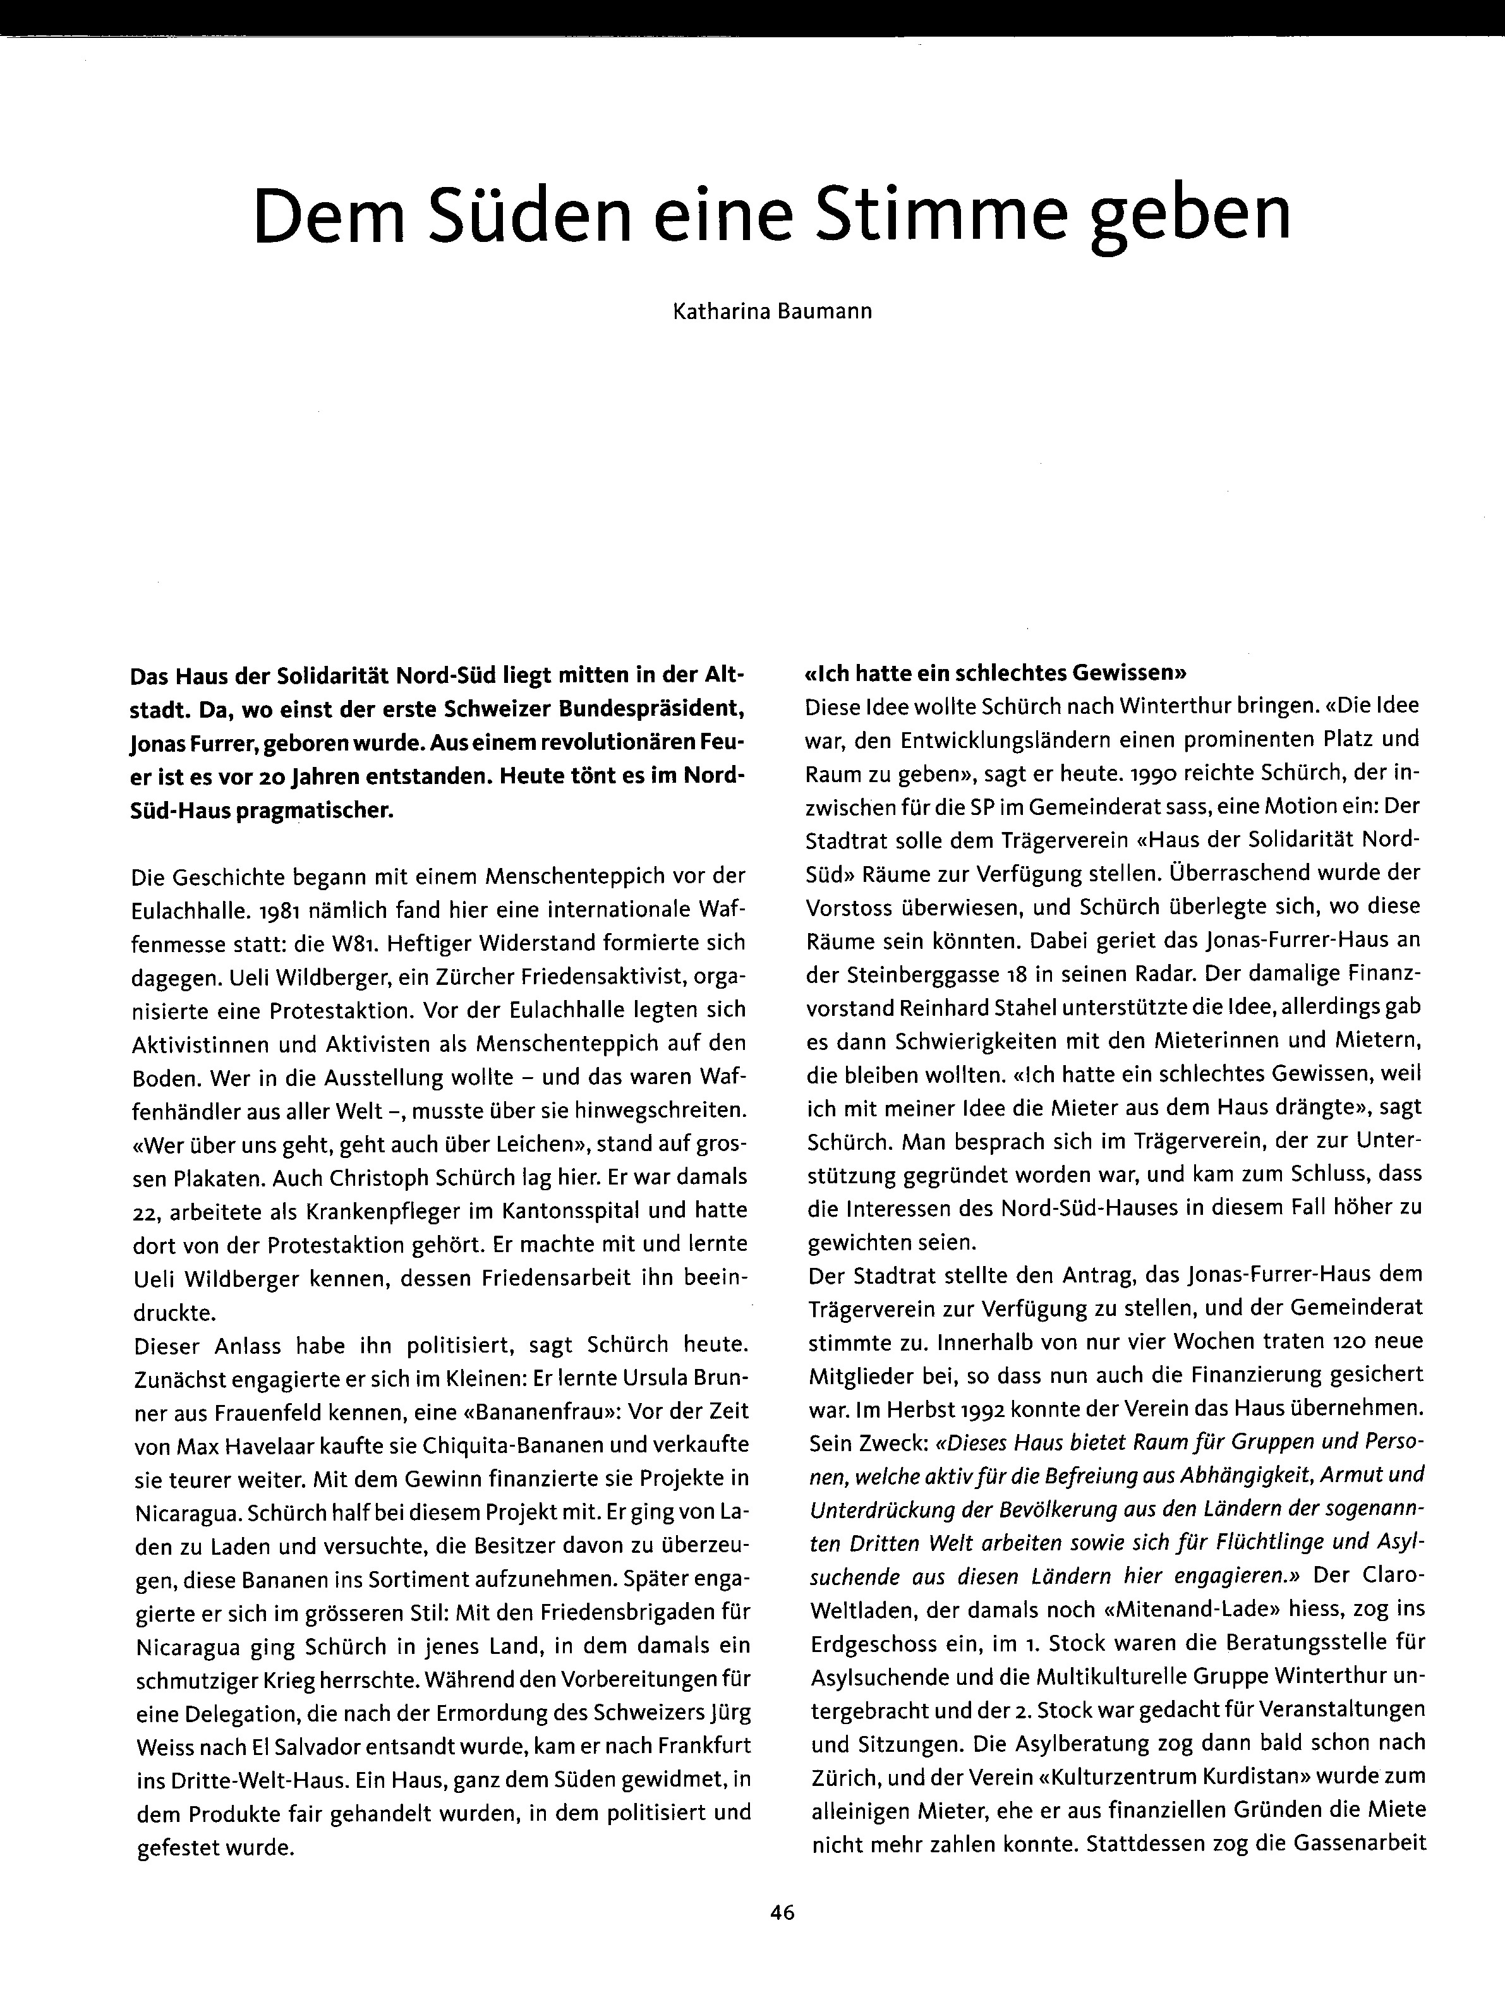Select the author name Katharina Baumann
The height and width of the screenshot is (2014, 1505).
(x=772, y=311)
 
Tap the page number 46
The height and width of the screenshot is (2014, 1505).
(x=782, y=1913)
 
